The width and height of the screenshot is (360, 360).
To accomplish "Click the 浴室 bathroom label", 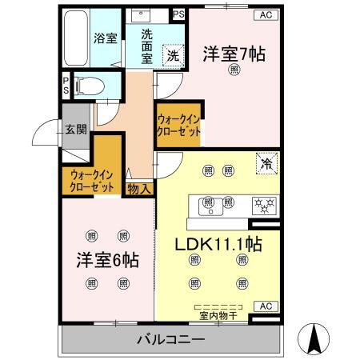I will [x=103, y=37].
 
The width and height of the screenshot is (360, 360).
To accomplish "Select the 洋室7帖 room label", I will [x=234, y=54].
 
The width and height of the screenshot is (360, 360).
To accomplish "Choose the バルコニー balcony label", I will [x=171, y=339].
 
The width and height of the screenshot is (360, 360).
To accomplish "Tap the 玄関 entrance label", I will [x=76, y=129].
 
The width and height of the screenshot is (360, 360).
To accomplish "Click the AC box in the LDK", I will [x=265, y=306].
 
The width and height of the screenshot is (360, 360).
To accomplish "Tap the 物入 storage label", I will [x=138, y=190].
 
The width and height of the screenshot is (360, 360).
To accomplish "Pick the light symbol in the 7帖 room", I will [x=234, y=71].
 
